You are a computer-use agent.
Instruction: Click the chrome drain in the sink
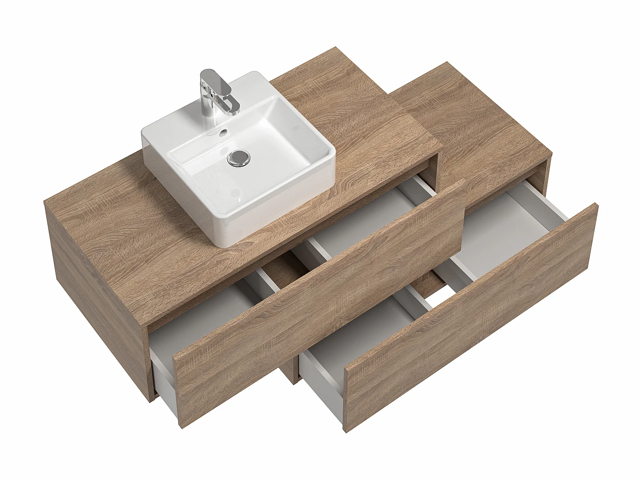238,157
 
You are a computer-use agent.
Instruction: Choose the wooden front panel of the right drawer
470,316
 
